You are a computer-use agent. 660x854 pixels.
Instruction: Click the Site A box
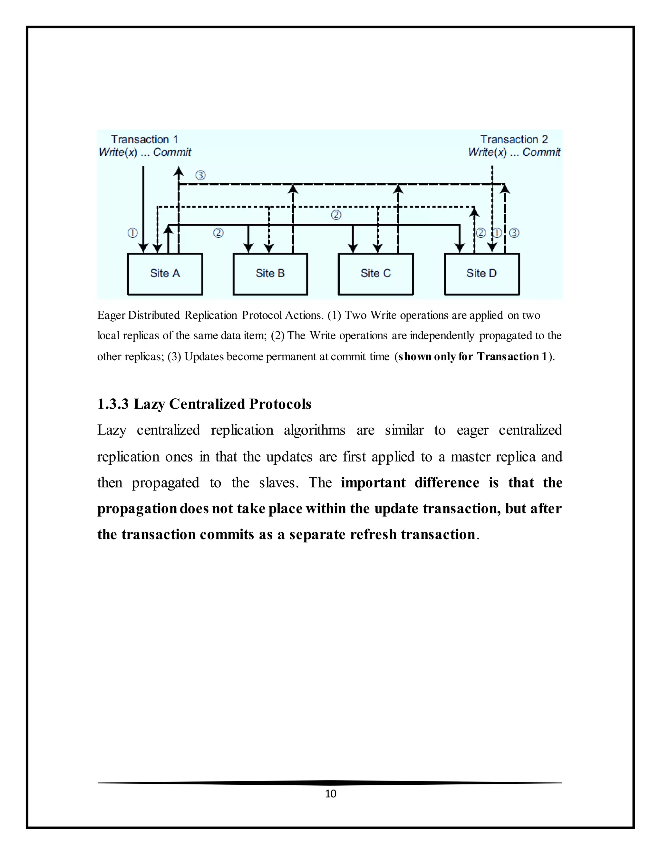point(165,274)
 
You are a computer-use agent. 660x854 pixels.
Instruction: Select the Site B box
point(270,274)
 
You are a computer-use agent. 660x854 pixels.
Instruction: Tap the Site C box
point(376,274)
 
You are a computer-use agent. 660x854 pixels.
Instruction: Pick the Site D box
point(482,274)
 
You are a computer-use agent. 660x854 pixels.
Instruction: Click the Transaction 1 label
point(144,140)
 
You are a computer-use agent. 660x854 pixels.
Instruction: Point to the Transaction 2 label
point(514,140)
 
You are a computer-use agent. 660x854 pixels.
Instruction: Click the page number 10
point(330,793)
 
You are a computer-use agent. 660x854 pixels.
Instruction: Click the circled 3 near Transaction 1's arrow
point(200,175)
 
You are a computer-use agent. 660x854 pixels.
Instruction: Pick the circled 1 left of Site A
point(132,233)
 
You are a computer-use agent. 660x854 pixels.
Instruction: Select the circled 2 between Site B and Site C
point(336,215)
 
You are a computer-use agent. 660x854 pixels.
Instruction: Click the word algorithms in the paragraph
point(314,430)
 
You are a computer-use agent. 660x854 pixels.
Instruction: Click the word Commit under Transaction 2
point(541,152)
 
